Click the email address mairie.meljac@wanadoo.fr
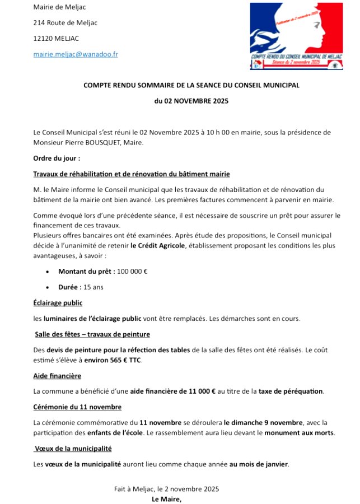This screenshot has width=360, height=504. [x=76, y=54]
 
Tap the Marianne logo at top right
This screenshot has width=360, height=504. [x=296, y=36]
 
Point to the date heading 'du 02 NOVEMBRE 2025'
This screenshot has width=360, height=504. [x=191, y=101]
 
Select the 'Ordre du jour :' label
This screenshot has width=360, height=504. [x=57, y=158]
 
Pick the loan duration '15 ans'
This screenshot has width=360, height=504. [x=93, y=287]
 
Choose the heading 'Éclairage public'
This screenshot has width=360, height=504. [x=58, y=303]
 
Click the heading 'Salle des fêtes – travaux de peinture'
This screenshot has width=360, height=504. [x=92, y=334]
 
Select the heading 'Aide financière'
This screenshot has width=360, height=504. [x=57, y=375]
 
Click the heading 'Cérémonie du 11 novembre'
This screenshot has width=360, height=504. [x=77, y=407]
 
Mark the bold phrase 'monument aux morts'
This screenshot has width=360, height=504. [x=299, y=433]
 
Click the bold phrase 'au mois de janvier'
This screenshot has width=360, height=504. [x=259, y=464]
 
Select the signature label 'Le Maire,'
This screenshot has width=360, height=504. [x=167, y=498]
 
